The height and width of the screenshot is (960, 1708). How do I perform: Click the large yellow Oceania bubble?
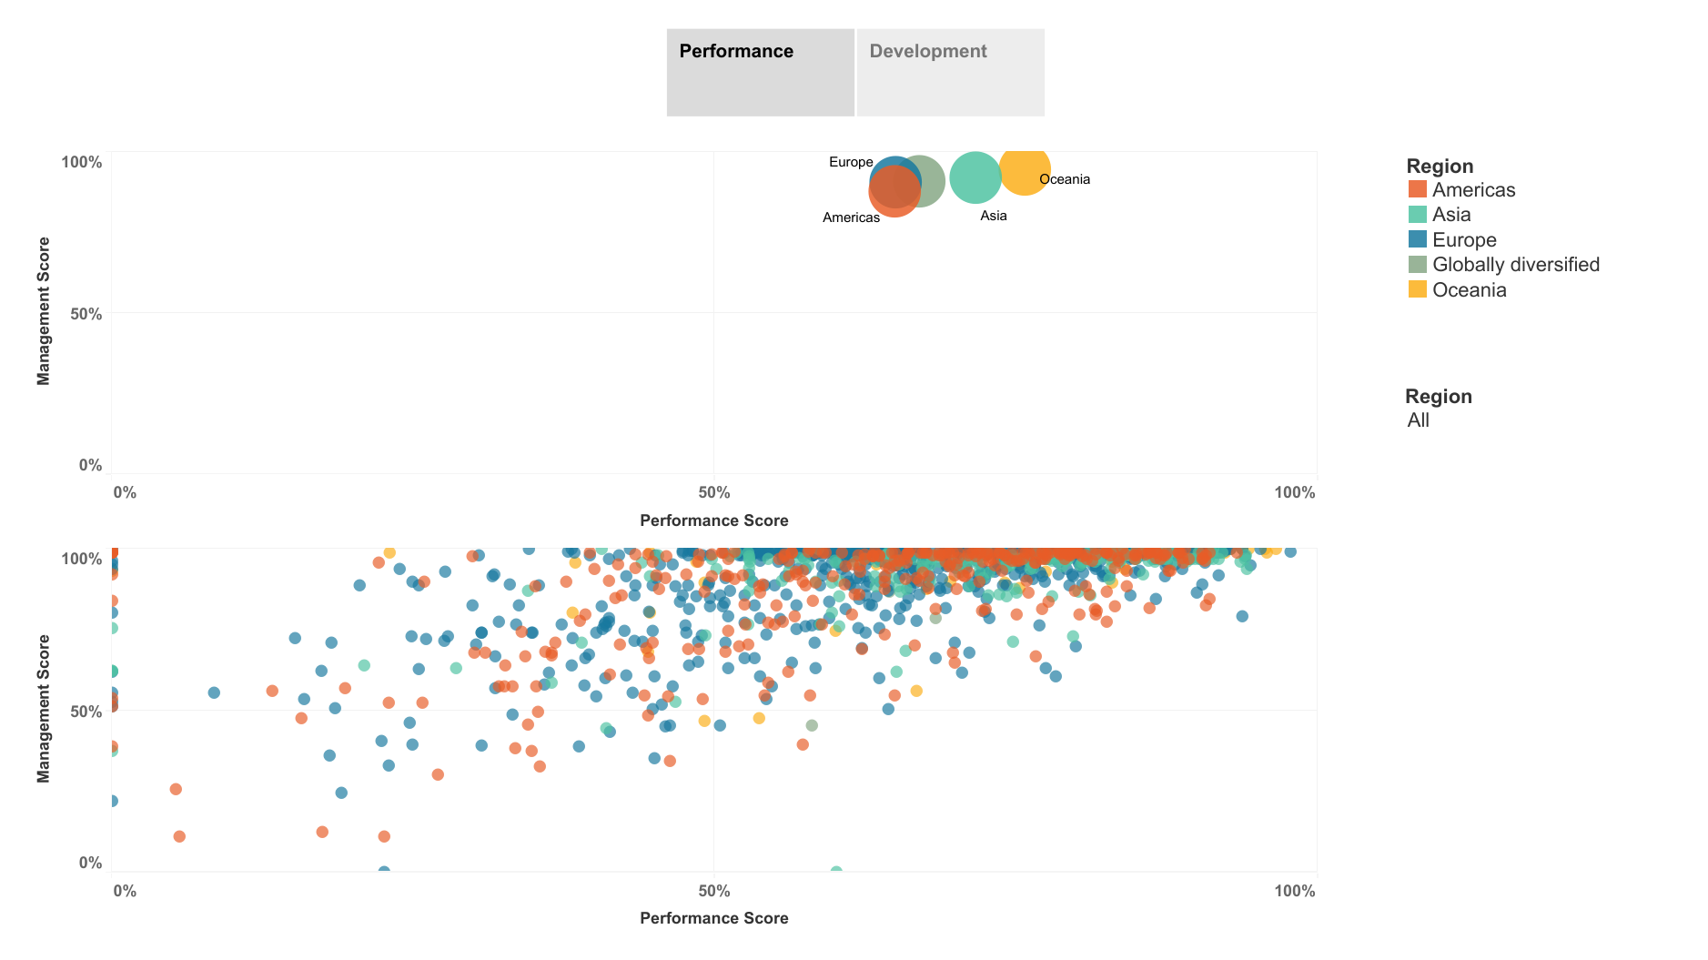tap(1025, 168)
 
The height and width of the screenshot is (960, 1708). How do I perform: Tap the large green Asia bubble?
tap(975, 177)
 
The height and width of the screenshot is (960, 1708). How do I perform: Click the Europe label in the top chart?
tap(851, 162)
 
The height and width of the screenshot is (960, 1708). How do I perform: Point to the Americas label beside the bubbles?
tap(851, 217)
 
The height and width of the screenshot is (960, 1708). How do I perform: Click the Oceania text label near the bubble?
tap(1064, 179)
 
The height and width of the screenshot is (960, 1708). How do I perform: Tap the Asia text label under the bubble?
tap(993, 216)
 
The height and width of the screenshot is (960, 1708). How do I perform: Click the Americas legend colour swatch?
tap(1417, 189)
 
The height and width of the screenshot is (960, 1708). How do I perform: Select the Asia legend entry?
tap(1450, 215)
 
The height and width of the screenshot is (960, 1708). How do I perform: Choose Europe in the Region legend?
tap(1463, 240)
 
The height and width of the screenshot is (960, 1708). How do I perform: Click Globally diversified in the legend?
tap(1515, 265)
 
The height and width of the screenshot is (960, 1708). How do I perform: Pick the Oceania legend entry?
tap(1469, 290)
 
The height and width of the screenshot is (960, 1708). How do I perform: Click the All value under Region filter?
tap(1418, 420)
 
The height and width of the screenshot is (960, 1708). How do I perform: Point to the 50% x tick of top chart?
tap(714, 493)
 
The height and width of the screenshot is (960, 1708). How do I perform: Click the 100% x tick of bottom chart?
tap(1294, 891)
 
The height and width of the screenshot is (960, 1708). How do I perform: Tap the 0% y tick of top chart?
tap(90, 465)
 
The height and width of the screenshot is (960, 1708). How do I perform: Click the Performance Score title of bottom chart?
tap(713, 918)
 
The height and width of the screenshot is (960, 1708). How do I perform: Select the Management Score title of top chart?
tap(43, 311)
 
